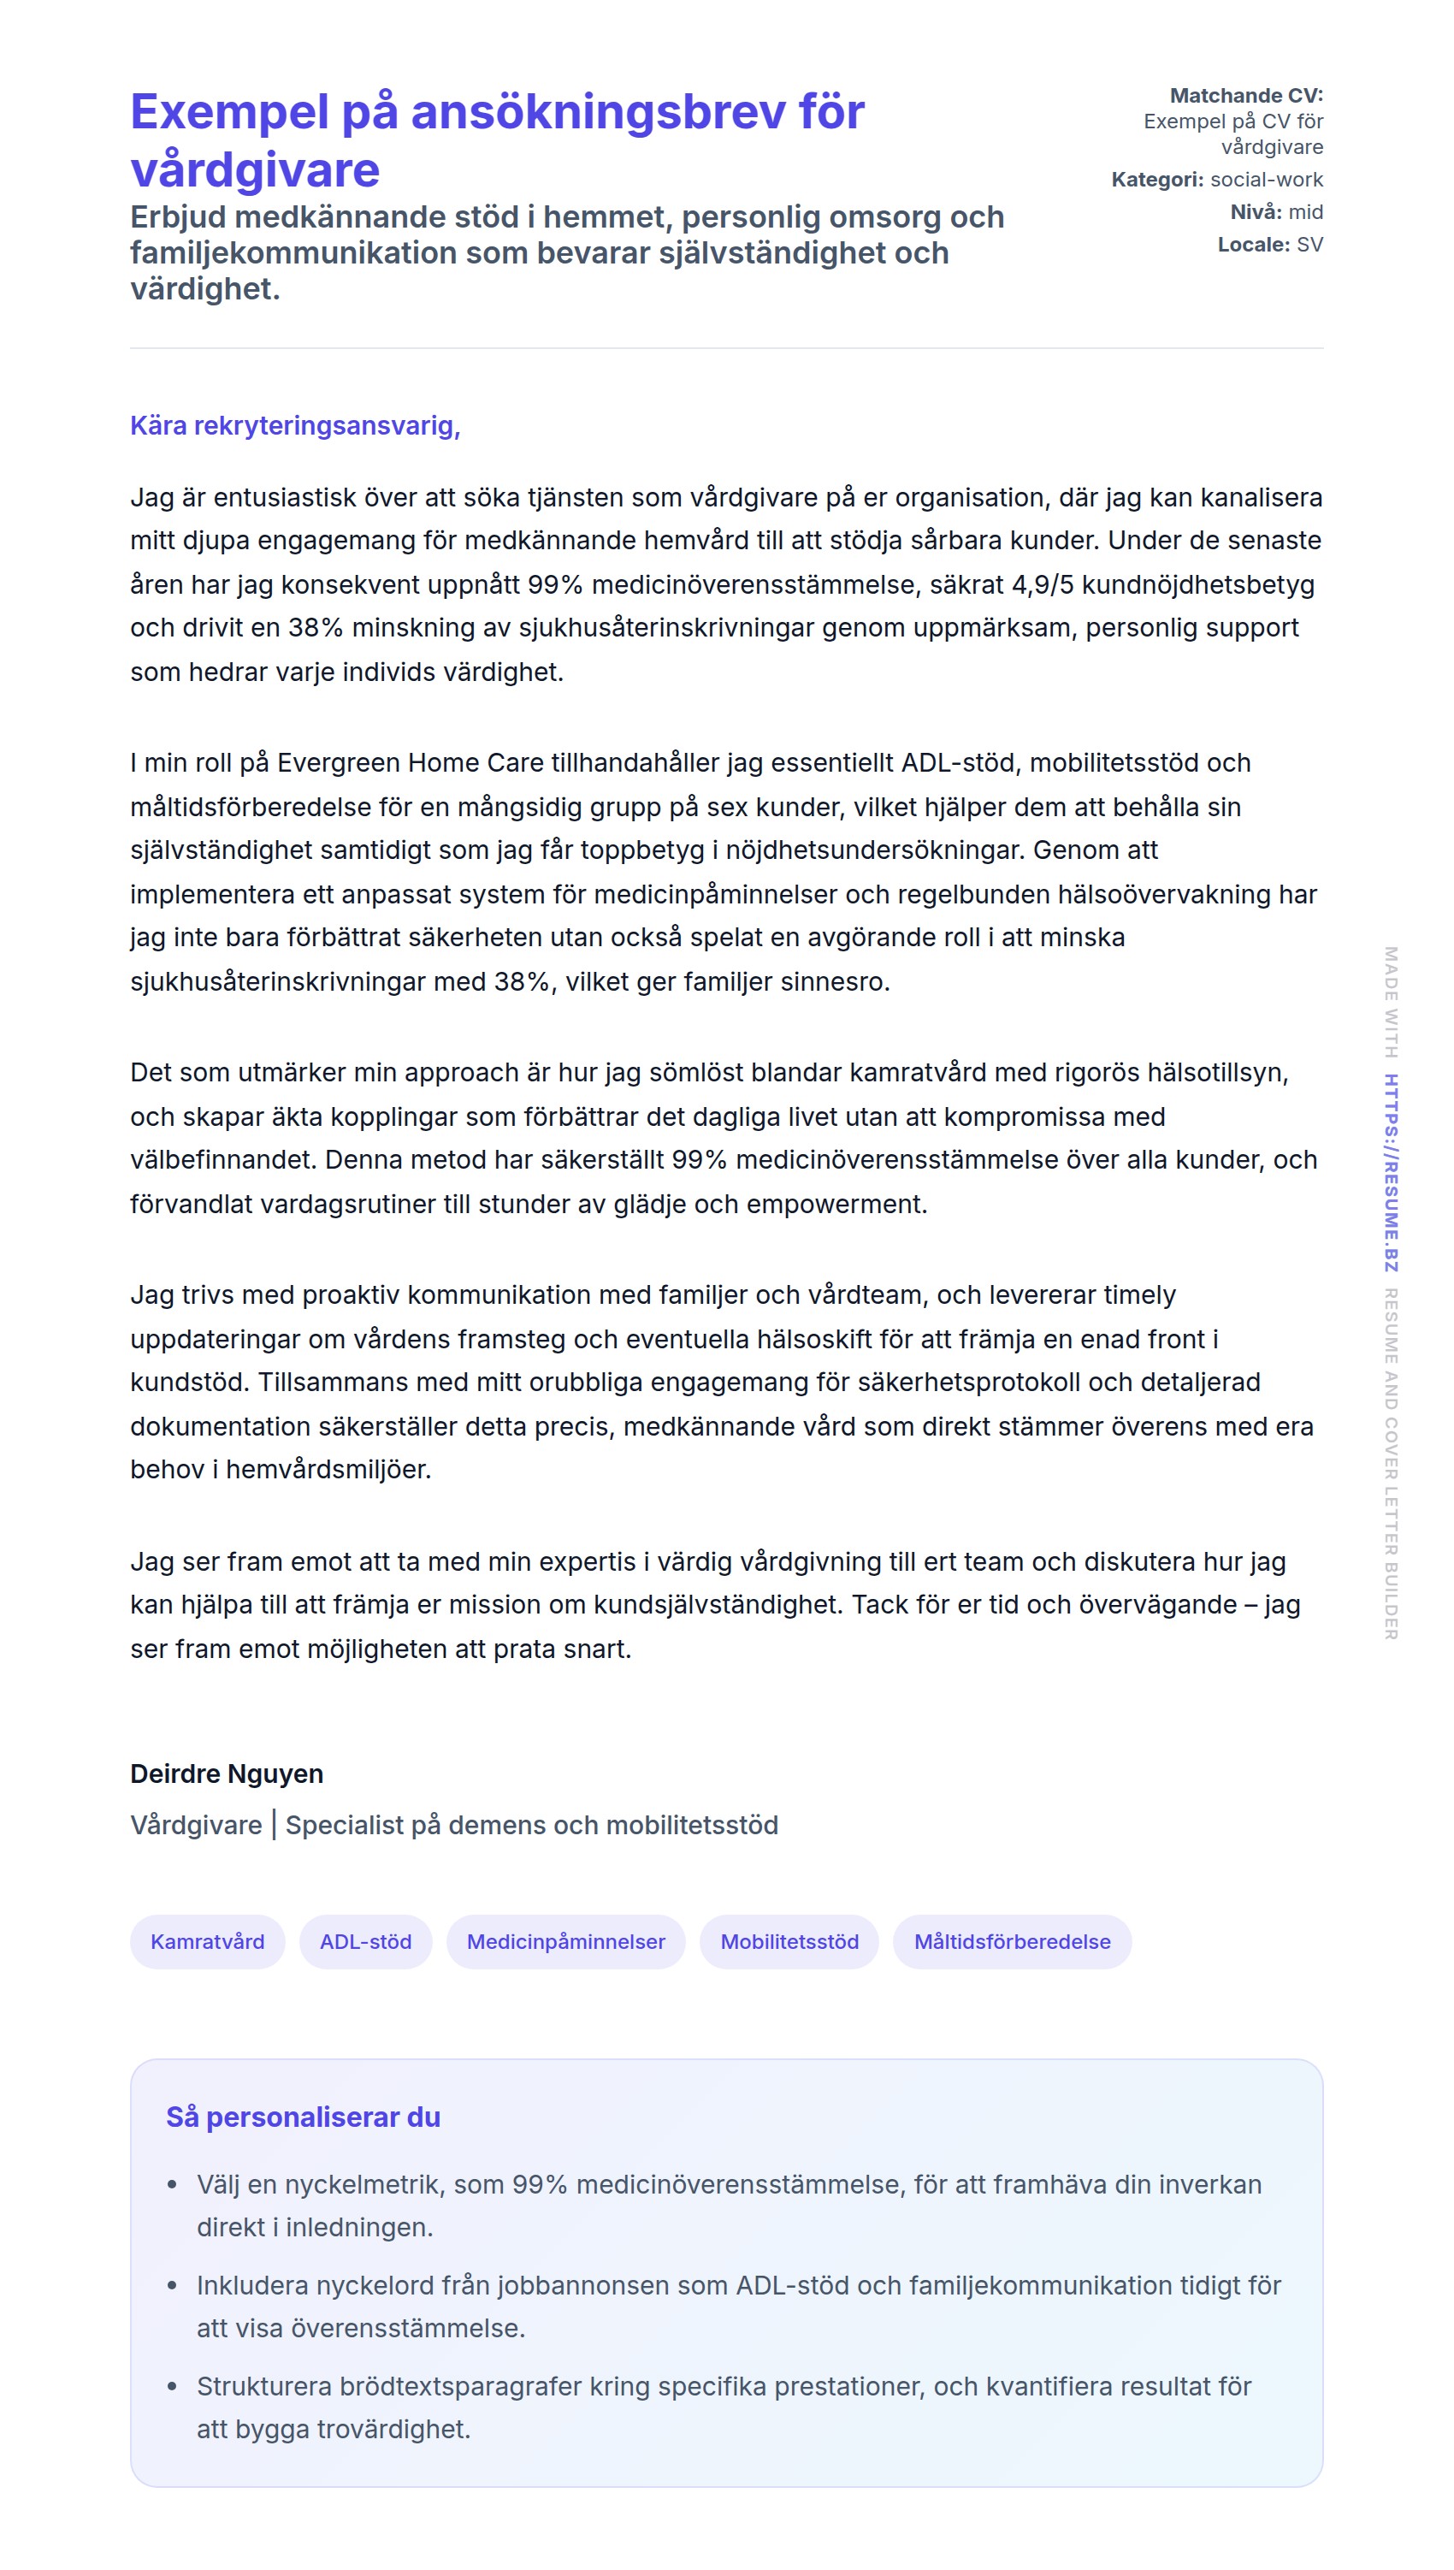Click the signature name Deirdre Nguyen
[227, 1773]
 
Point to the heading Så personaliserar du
[303, 2117]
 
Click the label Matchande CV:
[1245, 96]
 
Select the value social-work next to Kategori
[1266, 180]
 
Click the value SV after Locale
[1309, 245]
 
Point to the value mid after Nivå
[1305, 212]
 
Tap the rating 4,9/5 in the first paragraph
[1043, 584]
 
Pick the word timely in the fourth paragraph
[1132, 1294]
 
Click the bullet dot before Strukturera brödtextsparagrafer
[173, 2386]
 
